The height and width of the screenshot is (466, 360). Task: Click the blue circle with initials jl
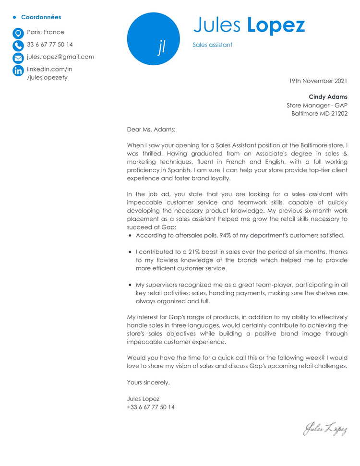point(153,39)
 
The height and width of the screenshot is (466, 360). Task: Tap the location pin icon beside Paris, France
point(18,33)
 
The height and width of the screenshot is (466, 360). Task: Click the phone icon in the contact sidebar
point(18,46)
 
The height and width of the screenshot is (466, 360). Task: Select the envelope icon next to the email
point(18,58)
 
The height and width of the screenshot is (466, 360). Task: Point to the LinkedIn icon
point(18,71)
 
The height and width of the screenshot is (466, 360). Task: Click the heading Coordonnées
point(41,17)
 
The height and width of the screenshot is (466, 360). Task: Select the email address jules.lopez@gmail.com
point(60,57)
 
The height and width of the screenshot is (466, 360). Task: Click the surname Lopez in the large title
point(276,25)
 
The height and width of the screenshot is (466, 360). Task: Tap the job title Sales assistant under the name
point(212,45)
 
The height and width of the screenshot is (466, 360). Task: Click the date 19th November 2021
point(318,81)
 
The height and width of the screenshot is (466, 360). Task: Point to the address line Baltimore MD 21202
point(319,114)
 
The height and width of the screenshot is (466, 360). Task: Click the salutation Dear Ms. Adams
point(151,129)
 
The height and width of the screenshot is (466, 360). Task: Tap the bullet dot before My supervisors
point(130,285)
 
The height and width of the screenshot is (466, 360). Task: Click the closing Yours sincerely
point(148,382)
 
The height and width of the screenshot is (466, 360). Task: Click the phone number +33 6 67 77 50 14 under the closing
point(151,407)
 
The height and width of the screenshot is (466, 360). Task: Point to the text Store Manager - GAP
point(317,106)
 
